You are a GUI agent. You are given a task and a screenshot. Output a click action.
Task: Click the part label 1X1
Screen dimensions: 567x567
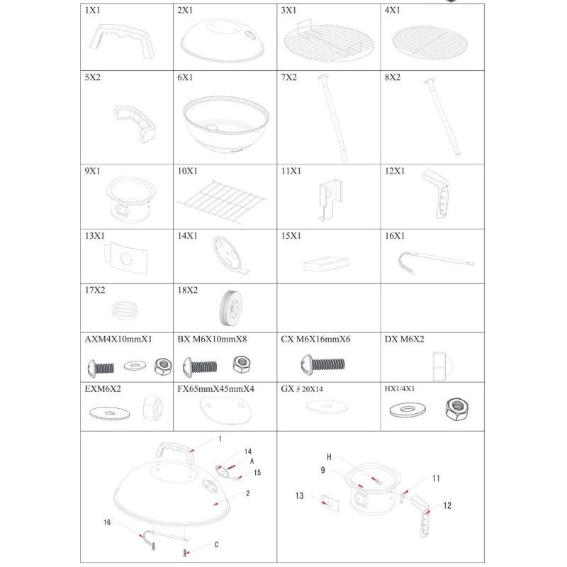click(92, 10)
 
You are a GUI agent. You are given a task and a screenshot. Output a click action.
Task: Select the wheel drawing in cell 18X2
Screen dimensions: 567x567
click(230, 308)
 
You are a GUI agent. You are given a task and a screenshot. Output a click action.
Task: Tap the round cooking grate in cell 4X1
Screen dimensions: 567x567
click(430, 42)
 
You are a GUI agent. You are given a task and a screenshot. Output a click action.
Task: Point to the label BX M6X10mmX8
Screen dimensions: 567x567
click(212, 339)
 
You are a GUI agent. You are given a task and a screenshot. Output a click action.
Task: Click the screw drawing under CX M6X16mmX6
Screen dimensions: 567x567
click(323, 364)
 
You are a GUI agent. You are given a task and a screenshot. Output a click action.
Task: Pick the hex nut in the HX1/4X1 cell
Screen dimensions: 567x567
click(457, 409)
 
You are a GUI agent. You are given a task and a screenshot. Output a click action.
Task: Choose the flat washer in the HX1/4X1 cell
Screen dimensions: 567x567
click(408, 410)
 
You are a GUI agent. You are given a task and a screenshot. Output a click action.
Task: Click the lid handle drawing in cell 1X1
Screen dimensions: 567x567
click(121, 41)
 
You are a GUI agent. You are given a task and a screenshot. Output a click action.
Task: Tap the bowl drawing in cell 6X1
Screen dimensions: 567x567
click(225, 125)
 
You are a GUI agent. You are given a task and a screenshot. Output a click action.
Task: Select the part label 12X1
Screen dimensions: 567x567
click(395, 171)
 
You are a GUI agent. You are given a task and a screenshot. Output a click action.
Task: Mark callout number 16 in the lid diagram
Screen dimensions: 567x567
click(107, 522)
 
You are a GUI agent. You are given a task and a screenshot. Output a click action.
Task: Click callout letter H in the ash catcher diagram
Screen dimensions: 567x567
click(329, 457)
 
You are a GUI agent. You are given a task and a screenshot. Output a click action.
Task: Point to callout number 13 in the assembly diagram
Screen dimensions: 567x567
click(299, 495)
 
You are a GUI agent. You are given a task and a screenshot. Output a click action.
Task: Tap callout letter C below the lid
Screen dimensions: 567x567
click(216, 544)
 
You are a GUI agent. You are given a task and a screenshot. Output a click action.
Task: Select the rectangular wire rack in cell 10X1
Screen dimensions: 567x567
click(223, 201)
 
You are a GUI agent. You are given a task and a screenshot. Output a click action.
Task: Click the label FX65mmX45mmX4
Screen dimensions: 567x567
click(215, 389)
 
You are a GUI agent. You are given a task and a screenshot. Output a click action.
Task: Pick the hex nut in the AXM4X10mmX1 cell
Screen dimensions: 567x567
click(163, 366)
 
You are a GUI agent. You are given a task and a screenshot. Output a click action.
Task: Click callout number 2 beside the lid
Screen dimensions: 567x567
click(247, 493)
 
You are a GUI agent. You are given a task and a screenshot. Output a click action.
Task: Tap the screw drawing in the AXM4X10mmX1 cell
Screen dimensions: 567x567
click(101, 369)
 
